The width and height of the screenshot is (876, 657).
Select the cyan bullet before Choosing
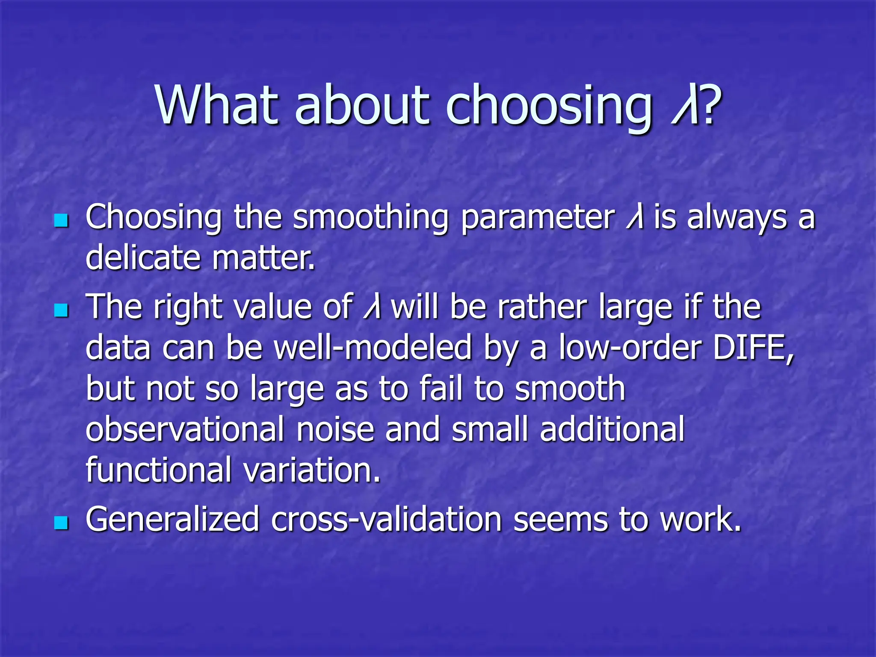(x=62, y=221)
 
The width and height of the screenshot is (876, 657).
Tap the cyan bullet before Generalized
(x=62, y=522)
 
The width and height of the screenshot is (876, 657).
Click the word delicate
(x=143, y=258)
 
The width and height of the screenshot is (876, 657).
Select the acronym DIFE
(x=753, y=348)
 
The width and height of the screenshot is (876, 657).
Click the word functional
(x=159, y=470)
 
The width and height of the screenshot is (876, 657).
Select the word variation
(x=312, y=470)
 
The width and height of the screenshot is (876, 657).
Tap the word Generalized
(x=172, y=520)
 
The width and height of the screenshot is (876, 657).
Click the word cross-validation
(x=386, y=520)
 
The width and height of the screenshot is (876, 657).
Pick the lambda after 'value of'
(x=372, y=307)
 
